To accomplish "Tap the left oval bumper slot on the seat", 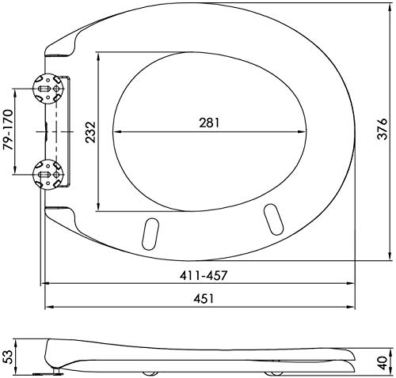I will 148,232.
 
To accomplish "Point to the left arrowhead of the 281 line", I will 116,131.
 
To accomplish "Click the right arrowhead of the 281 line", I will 305,131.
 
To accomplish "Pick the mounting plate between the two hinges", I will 63,131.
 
